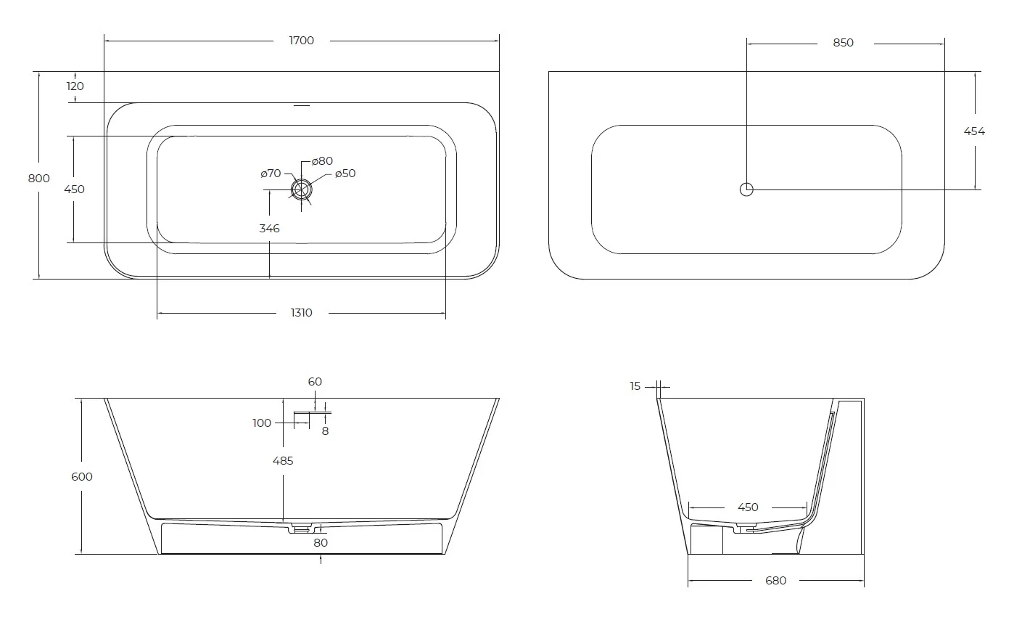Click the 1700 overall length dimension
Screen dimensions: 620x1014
click(301, 41)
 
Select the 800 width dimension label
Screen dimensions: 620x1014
click(39, 179)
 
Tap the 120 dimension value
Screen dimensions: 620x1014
click(75, 86)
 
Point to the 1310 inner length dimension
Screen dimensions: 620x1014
click(301, 313)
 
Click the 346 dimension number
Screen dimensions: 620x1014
click(269, 229)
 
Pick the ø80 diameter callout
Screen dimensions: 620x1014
click(322, 160)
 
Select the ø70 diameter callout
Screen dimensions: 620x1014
click(271, 174)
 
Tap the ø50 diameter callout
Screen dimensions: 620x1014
click(345, 174)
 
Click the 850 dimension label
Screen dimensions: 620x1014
click(843, 43)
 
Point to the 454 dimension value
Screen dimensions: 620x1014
click(974, 131)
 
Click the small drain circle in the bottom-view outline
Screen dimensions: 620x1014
click(746, 189)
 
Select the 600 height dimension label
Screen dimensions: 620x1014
click(83, 477)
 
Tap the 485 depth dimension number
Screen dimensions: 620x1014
click(283, 461)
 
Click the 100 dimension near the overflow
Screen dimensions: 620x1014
click(262, 423)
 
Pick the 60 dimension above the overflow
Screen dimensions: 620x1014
click(315, 382)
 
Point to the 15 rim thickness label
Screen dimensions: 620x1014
click(635, 386)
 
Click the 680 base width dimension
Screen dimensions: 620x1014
click(775, 581)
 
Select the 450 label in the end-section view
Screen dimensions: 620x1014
click(748, 507)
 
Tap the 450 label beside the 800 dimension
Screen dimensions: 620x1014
click(75, 189)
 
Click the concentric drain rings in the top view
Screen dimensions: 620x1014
click(302, 189)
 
